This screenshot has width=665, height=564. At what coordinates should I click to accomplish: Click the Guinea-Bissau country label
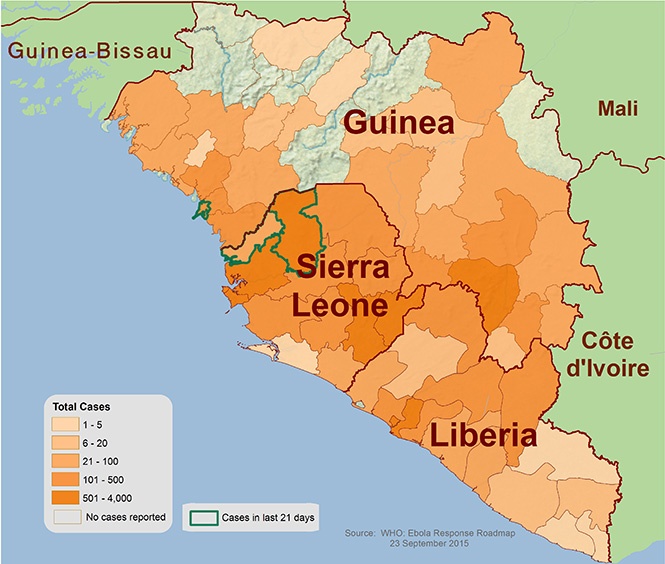tap(88, 49)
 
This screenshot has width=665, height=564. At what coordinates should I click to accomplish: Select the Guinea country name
tap(399, 125)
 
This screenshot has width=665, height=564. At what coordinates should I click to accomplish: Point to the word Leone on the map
tap(340, 304)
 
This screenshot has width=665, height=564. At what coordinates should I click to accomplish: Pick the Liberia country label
tap(484, 437)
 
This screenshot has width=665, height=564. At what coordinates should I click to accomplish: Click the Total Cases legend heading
tap(82, 408)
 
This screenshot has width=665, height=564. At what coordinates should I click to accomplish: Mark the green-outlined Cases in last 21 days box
tap(206, 518)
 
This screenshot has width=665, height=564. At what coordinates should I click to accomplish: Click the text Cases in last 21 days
tap(265, 518)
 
